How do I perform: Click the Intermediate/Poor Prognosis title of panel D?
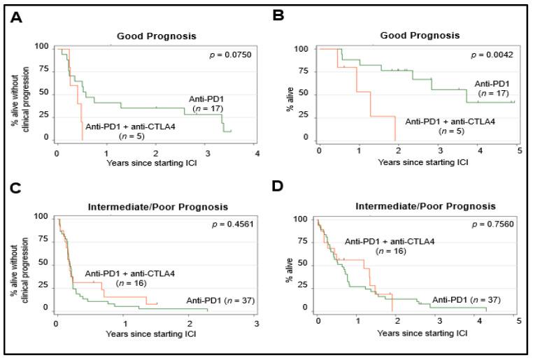pyautogui.click(x=414, y=206)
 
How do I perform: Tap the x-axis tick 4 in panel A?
pyautogui.click(x=257, y=153)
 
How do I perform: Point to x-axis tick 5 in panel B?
pyautogui.click(x=518, y=151)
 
